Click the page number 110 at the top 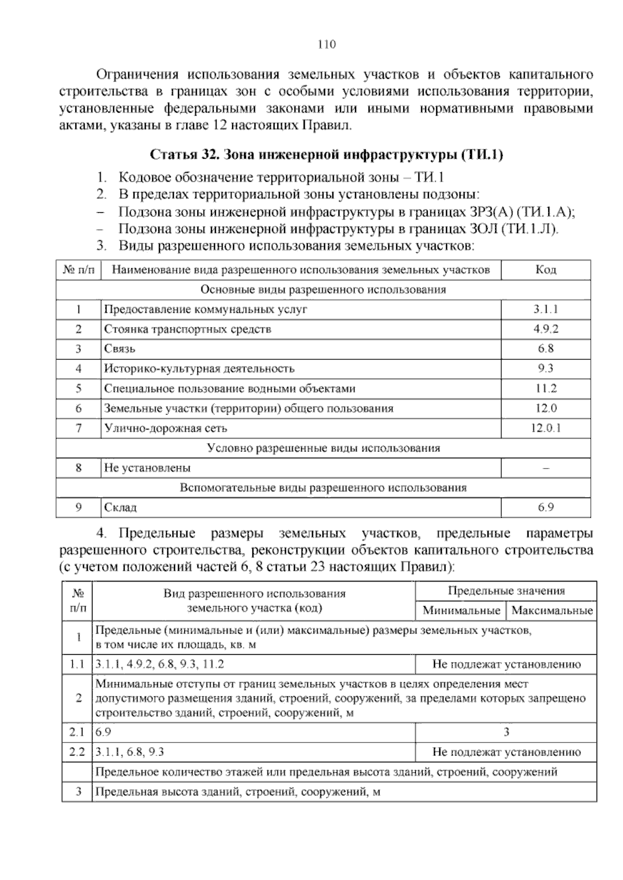click(327, 45)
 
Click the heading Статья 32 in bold click(327, 155)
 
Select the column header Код click(546, 269)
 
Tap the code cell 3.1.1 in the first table click(546, 309)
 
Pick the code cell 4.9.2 click(546, 329)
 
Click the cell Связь click(120, 349)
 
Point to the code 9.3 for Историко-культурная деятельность click(546, 368)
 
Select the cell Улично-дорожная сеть click(166, 428)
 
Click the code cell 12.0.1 click(546, 428)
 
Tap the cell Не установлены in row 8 click(147, 468)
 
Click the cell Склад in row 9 click(120, 507)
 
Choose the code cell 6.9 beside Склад click(546, 507)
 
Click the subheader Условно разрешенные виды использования click(323, 448)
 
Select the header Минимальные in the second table click(461, 610)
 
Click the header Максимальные click(552, 610)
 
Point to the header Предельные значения click(506, 590)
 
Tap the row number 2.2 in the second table click(77, 752)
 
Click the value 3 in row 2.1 click(506, 732)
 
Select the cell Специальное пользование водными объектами click(229, 389)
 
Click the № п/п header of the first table click(78, 269)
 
